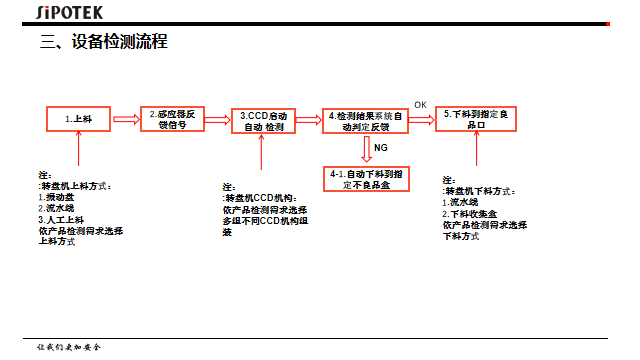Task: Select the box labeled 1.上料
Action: click(x=78, y=119)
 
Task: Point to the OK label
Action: click(x=420, y=104)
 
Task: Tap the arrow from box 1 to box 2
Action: click(x=125, y=119)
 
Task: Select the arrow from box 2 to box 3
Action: click(x=218, y=119)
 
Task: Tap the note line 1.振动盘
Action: click(x=55, y=197)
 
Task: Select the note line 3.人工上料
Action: click(x=61, y=219)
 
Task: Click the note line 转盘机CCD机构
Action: click(x=259, y=198)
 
